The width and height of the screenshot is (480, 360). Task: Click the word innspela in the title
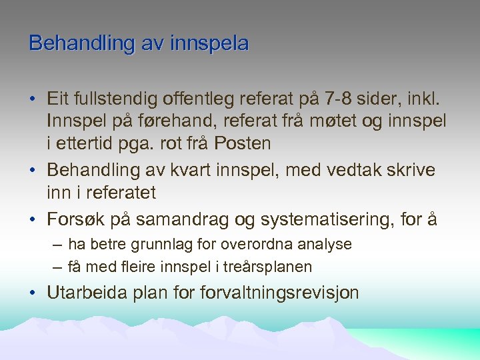point(210,44)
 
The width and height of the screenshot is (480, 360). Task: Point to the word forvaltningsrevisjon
point(279,293)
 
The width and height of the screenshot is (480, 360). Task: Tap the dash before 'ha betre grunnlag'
point(57,245)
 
